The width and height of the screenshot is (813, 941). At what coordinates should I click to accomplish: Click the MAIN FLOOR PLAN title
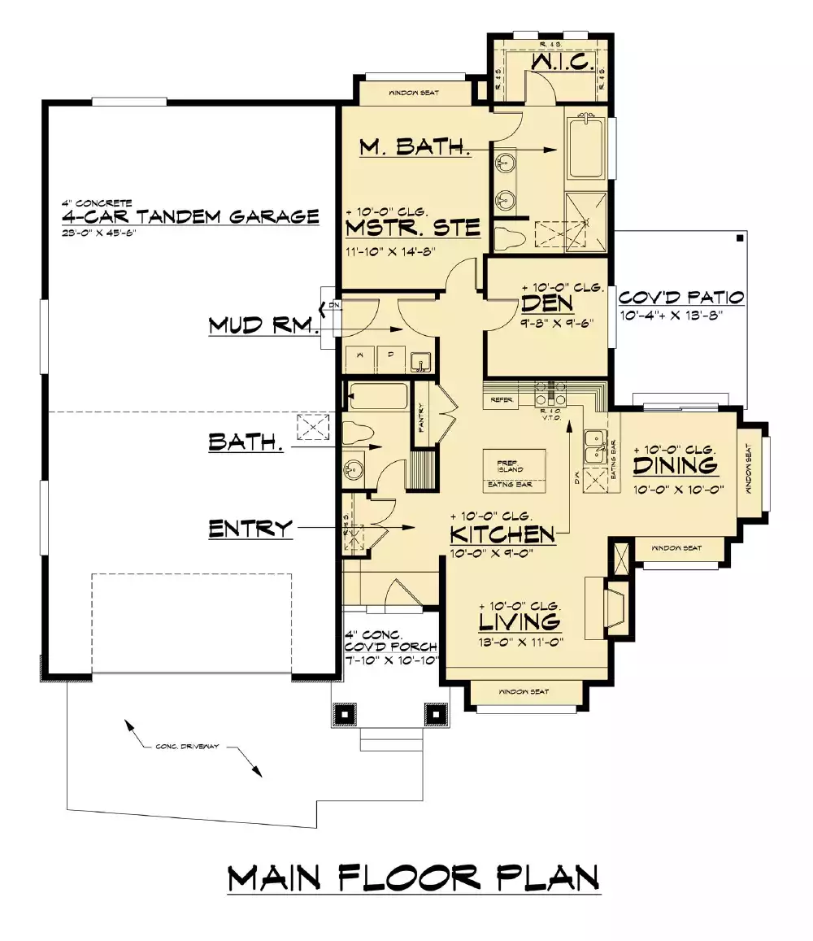(414, 878)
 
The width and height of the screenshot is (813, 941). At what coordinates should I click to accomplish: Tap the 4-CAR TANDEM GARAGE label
(190, 217)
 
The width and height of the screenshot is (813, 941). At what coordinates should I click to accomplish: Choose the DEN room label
(548, 303)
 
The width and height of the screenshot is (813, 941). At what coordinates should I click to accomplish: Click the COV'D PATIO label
(681, 297)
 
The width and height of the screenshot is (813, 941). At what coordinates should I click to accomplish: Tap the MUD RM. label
(261, 326)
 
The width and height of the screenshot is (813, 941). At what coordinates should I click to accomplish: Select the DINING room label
(676, 466)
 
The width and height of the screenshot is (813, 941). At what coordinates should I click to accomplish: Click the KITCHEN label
(502, 534)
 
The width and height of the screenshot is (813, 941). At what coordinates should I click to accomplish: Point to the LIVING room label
(519, 622)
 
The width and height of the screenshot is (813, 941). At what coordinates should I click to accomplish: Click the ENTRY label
(250, 529)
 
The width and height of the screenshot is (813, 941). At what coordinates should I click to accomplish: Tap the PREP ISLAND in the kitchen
(511, 466)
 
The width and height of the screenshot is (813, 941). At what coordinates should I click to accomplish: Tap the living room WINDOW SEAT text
(524, 691)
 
